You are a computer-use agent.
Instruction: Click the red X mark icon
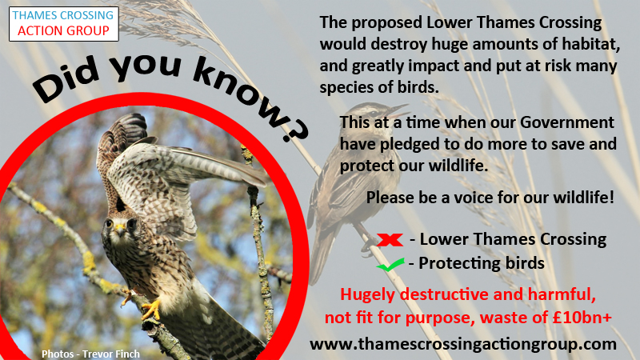390,239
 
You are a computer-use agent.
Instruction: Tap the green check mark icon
390,265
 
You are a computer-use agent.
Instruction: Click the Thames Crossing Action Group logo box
64,24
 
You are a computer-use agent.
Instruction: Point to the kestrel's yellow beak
119,228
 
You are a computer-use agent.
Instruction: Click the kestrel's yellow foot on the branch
152,310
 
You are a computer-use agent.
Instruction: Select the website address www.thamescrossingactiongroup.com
463,344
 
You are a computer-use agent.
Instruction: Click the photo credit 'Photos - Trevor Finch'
90,354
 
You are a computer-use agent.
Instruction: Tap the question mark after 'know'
294,129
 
